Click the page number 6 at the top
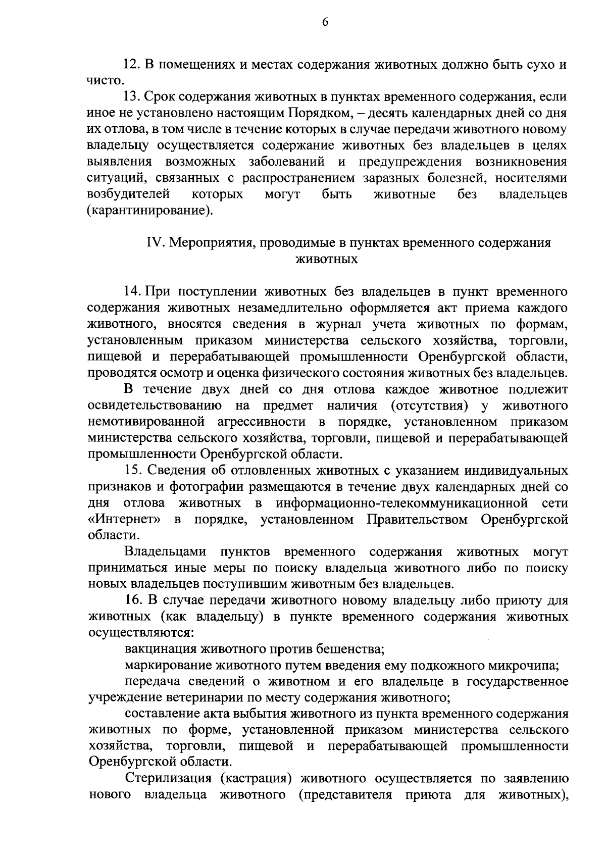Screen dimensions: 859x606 click(x=325, y=22)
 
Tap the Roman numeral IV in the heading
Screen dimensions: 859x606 click(x=153, y=243)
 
